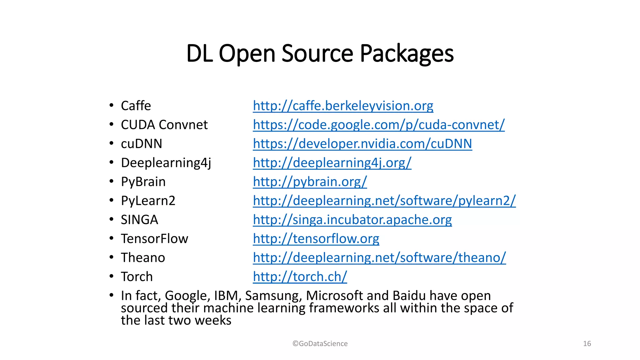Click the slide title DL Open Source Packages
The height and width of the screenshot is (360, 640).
click(320, 53)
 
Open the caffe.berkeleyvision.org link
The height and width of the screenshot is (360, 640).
click(343, 106)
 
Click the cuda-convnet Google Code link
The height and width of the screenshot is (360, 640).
click(378, 125)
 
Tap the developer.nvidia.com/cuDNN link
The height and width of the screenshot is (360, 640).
click(362, 144)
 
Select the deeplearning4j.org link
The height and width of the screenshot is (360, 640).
click(332, 163)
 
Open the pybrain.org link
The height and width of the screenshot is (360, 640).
click(310, 182)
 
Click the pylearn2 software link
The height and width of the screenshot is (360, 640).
click(384, 201)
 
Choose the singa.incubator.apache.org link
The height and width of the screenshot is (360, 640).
click(352, 220)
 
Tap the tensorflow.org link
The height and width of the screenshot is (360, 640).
click(316, 239)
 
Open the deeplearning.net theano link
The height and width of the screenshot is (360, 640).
click(379, 258)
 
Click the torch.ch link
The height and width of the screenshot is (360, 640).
click(300, 277)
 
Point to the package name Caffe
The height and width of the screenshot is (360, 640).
click(136, 106)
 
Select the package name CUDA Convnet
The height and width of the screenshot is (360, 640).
click(164, 125)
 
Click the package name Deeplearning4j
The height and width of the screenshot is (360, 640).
click(166, 163)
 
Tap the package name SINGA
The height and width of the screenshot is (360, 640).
click(139, 220)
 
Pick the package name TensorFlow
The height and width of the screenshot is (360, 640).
click(154, 239)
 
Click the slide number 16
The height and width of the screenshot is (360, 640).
click(587, 344)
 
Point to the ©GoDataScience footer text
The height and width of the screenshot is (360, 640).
click(320, 344)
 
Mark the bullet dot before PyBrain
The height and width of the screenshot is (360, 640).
click(111, 181)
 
